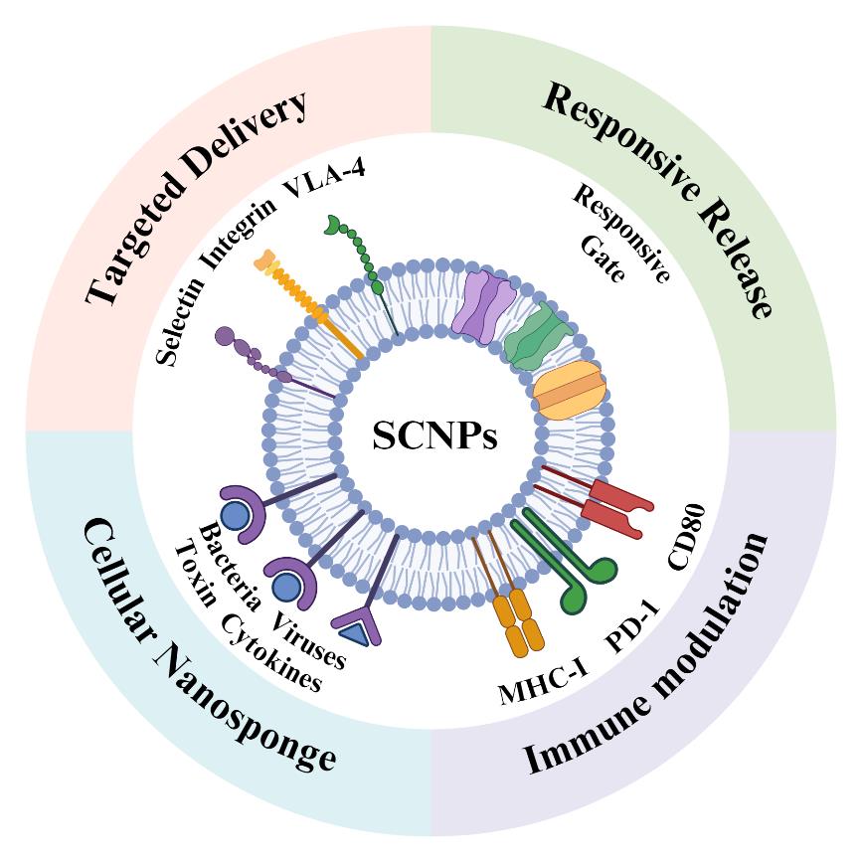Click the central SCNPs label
[434, 435]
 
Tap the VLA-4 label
[324, 178]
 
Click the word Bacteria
[230, 566]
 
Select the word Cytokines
[270, 652]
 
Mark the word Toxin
[196, 578]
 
